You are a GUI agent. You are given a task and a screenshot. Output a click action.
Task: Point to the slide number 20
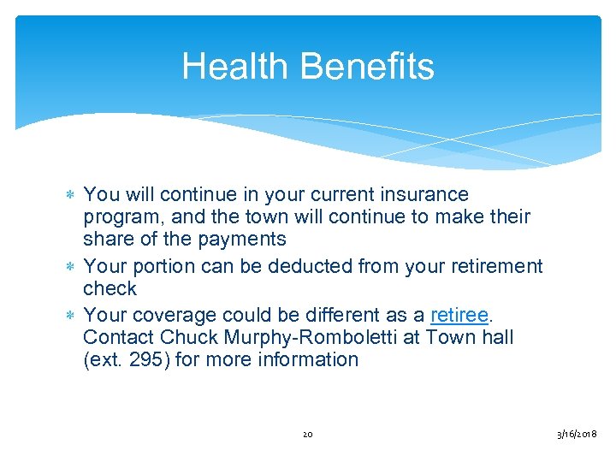308,435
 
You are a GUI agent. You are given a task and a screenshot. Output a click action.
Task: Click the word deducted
305,267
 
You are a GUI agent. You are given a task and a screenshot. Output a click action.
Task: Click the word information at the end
312,359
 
